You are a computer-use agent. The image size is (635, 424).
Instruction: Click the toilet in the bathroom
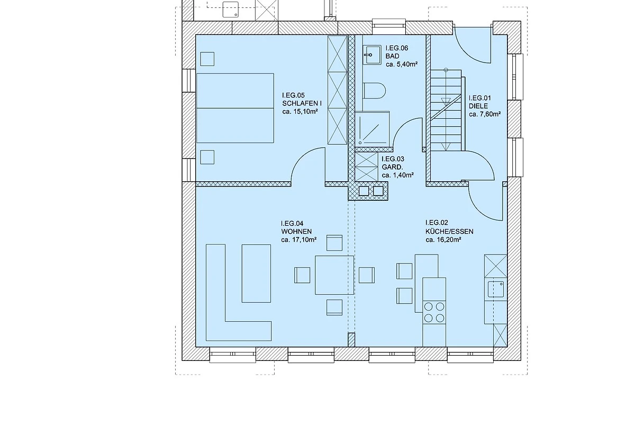[374, 91]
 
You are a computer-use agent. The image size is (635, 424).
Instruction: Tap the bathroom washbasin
[371, 55]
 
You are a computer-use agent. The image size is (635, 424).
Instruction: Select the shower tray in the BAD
[372, 129]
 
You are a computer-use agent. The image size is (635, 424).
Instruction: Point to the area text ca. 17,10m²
[299, 240]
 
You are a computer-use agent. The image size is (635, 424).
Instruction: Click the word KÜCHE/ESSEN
[449, 232]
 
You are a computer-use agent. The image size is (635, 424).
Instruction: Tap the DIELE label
[478, 106]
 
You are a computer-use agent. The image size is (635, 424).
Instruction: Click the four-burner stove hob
[434, 312]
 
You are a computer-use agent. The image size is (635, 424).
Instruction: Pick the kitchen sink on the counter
[495, 289]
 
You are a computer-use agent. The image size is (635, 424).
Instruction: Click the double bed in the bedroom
[235, 108]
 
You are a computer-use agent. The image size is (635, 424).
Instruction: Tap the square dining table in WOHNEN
[334, 275]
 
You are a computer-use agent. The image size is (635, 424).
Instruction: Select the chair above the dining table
[334, 243]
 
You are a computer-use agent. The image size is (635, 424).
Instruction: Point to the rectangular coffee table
[256, 273]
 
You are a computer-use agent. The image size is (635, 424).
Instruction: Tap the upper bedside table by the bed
[207, 59]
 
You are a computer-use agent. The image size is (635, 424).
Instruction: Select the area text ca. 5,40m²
[402, 64]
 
